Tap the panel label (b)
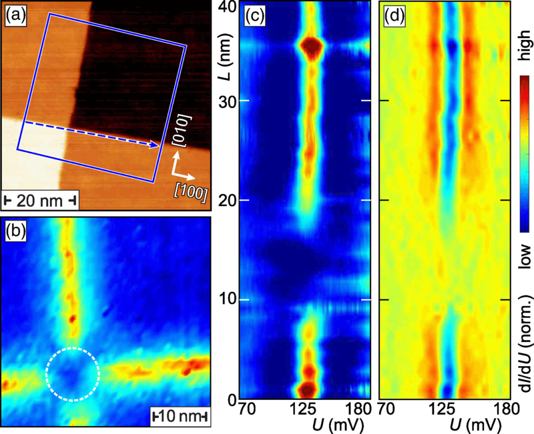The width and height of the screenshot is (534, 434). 15,231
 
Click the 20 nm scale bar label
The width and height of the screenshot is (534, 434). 40,201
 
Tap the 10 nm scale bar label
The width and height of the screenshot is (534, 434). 180,416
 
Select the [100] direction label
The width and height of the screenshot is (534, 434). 191,193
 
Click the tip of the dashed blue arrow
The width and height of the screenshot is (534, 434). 159,146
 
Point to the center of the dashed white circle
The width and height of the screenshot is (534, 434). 73,374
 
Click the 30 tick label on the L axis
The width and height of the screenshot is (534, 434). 227,101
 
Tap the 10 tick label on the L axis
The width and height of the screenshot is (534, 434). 227,299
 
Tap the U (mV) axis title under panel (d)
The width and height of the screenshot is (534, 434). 475,425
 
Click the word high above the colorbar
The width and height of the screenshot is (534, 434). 525,45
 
